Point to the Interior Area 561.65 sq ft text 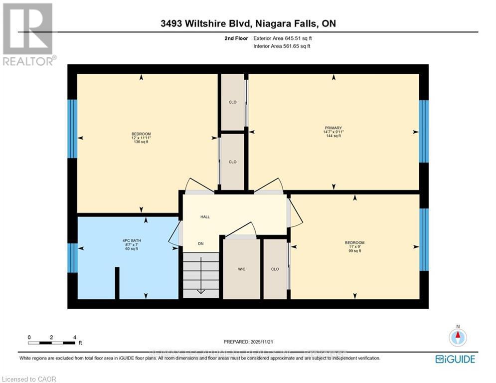coord(282,46)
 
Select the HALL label coord(205,217)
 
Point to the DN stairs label coord(200,243)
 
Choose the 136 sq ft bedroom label coord(141,138)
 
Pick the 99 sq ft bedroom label coord(354,247)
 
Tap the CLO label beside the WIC coord(275,269)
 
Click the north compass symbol coord(457,338)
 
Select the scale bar coord(52,343)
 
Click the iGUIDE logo coord(455,359)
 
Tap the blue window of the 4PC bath coord(73,258)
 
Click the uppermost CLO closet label coord(232,102)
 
